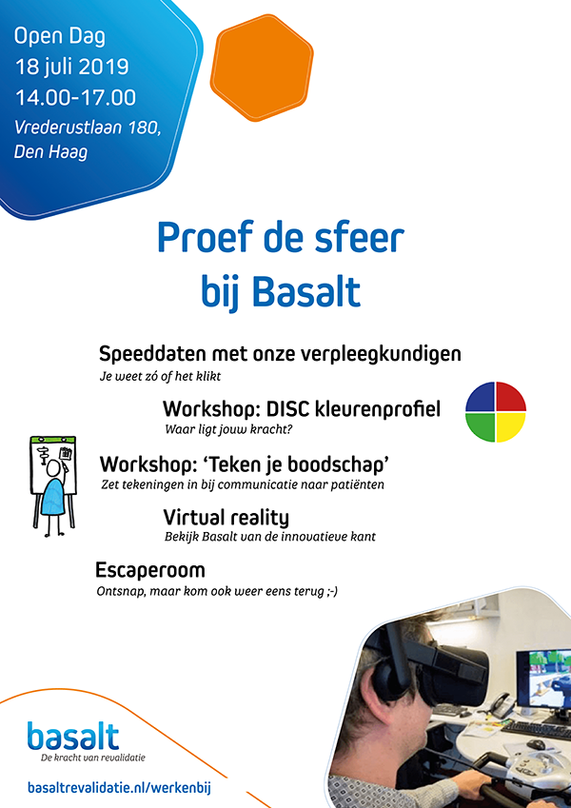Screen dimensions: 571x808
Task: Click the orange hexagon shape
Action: pos(262,68)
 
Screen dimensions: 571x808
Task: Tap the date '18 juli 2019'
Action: pos(71,67)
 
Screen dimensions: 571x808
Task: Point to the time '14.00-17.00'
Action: pos(75,98)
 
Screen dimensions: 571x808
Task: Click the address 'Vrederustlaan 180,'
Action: pos(88,128)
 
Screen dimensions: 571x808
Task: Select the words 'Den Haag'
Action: pos(50,152)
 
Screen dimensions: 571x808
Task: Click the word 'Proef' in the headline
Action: pos(205,238)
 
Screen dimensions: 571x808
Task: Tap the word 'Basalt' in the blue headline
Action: pos(307,293)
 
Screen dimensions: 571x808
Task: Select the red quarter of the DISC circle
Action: pos(511,396)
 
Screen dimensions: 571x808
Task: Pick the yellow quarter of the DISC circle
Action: pos(511,427)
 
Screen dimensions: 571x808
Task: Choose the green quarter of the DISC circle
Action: pos(481,427)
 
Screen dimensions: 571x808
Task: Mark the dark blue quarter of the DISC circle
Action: pos(481,396)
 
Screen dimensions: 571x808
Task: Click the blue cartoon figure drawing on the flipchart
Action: pos(52,499)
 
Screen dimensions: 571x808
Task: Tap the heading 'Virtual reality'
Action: pos(226,518)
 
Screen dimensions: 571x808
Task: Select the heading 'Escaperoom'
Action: pos(150,570)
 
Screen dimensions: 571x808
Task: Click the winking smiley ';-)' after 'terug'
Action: pos(332,592)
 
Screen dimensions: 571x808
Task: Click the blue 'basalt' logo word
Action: pos(73,736)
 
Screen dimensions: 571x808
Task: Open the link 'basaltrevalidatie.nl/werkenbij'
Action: pos(119,788)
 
